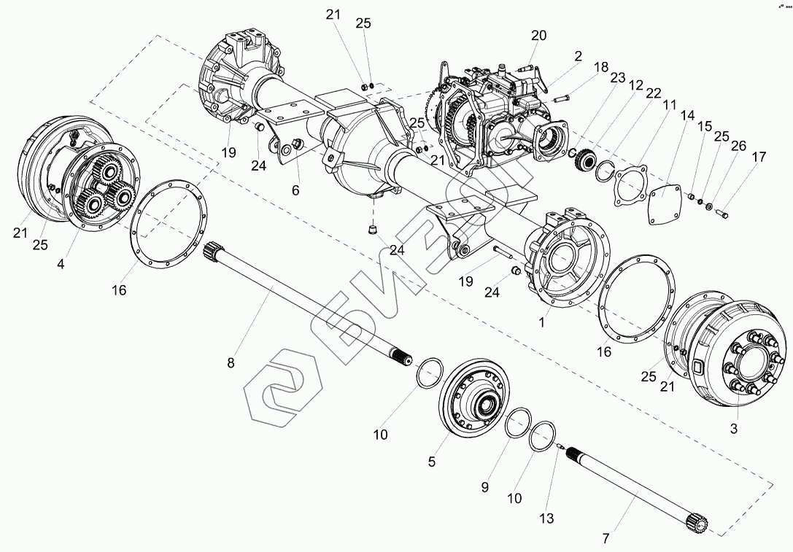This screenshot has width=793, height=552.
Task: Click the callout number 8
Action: [231, 363]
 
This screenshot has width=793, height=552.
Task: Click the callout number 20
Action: [538, 35]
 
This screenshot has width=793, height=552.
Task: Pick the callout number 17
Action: [759, 157]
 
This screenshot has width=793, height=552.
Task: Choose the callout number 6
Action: [295, 191]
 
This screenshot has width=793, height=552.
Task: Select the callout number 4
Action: [61, 265]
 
